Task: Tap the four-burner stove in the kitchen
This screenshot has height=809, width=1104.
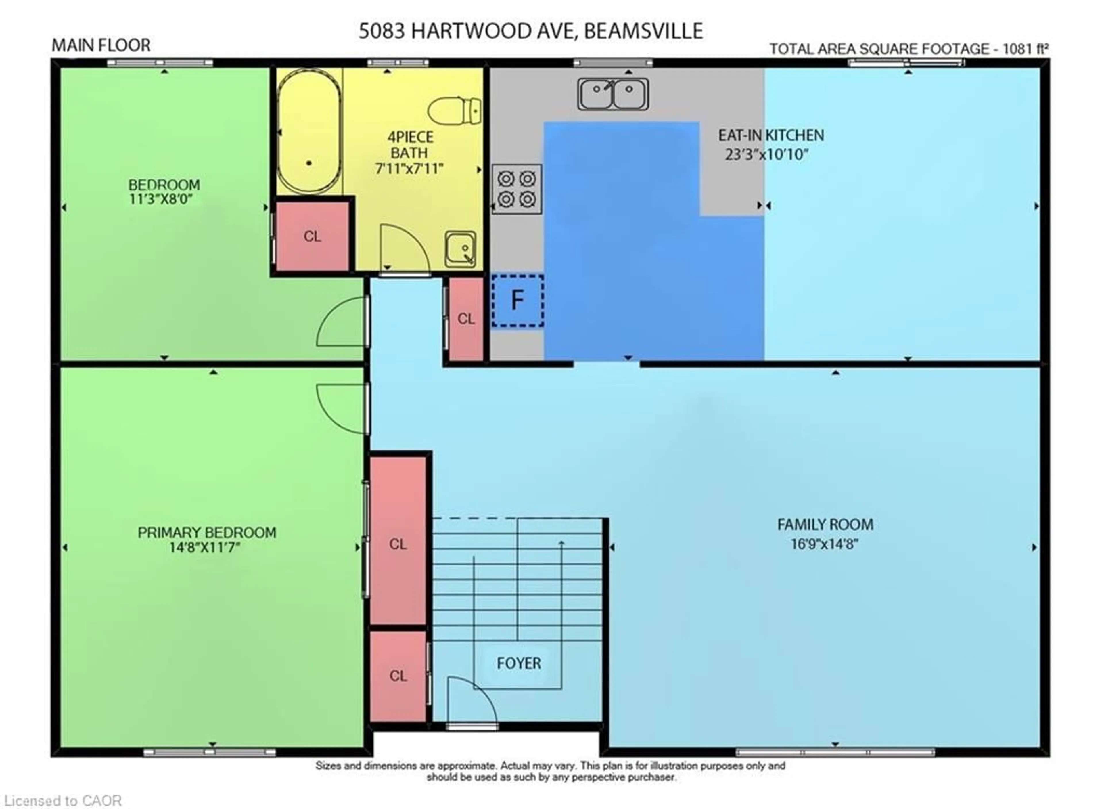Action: (517, 189)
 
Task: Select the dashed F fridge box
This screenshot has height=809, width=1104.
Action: (517, 300)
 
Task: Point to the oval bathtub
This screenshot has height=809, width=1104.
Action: (309, 131)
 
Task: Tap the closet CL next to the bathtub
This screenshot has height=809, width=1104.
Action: (312, 236)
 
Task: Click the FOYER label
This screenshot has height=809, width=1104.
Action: (518, 663)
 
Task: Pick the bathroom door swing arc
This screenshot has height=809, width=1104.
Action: (404, 249)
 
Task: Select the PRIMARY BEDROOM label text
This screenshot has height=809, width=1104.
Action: (207, 532)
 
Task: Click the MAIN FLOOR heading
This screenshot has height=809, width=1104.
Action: (101, 45)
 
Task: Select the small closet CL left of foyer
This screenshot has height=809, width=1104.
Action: (398, 676)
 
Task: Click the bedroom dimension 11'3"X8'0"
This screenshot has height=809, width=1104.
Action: (161, 199)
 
